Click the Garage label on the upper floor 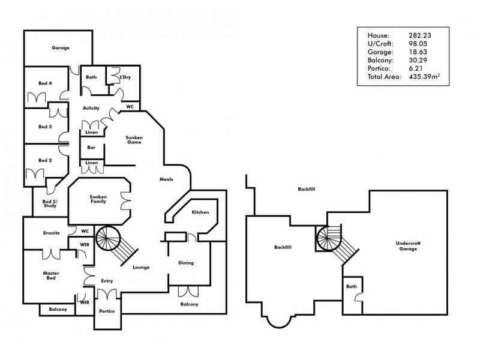(x=60, y=47)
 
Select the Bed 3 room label (x=46, y=127)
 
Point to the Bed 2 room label (x=46, y=160)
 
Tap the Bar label (x=92, y=146)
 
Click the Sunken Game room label (x=134, y=140)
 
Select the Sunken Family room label (x=98, y=199)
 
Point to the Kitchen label (x=200, y=212)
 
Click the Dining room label (x=187, y=263)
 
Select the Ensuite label (x=52, y=233)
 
